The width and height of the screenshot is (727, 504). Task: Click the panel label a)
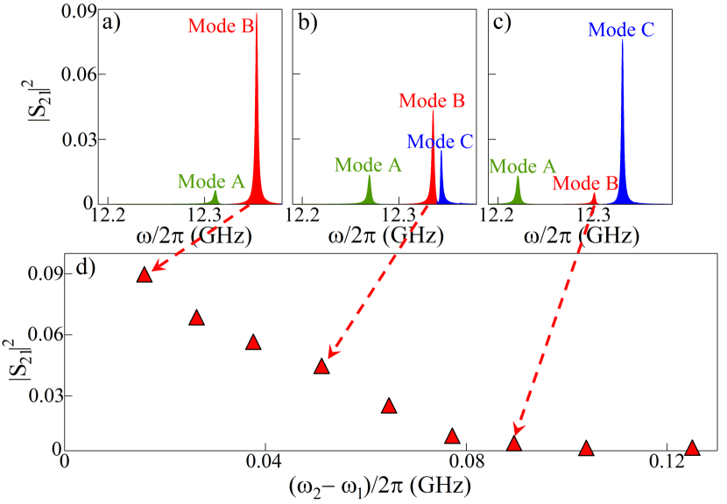(112, 24)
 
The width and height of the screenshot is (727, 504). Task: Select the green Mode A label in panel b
(369, 164)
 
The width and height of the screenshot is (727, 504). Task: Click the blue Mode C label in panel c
(621, 30)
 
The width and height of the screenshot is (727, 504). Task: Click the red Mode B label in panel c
(585, 183)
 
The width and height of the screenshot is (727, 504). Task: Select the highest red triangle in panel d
(145, 275)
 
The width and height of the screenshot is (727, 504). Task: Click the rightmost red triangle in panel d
(692, 448)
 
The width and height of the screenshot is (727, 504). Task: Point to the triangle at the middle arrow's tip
(321, 367)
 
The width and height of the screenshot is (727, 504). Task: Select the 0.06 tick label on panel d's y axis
(39, 334)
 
